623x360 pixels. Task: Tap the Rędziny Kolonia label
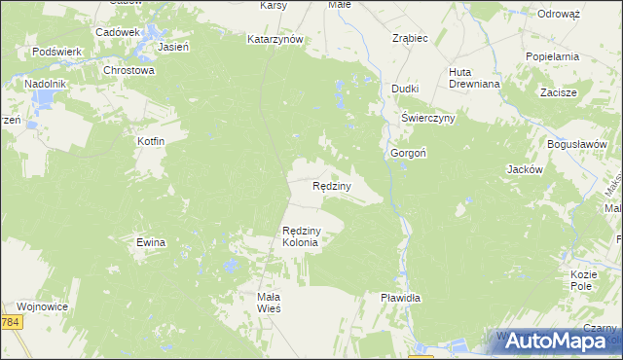(x=301, y=236)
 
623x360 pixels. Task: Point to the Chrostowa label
(x=129, y=70)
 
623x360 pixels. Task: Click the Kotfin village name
(x=150, y=142)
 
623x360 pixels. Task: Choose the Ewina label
(x=151, y=242)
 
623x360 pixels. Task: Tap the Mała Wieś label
(x=268, y=302)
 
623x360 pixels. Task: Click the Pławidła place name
(x=400, y=299)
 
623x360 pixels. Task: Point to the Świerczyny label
(x=428, y=118)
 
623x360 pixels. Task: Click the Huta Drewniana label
(x=472, y=78)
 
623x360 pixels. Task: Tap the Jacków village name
(x=524, y=168)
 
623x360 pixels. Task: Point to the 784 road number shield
(x=10, y=322)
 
